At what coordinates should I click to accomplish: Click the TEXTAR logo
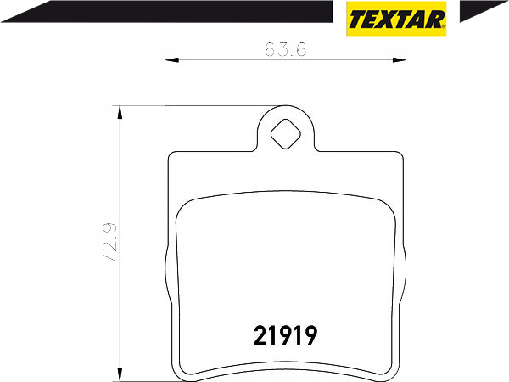396,19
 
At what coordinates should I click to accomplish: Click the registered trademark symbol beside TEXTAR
444,26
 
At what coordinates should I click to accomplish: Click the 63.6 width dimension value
285,50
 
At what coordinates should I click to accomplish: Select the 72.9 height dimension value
110,243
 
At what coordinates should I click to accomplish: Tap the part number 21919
286,335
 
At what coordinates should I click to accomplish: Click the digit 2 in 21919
260,335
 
